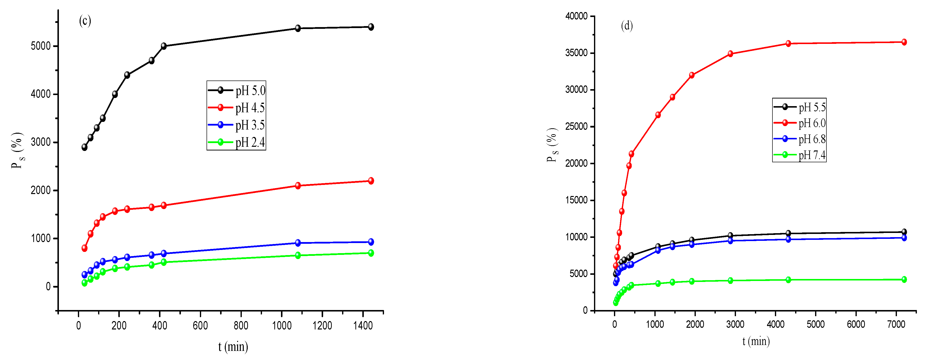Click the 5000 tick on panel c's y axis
41,46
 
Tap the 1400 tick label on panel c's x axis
363,326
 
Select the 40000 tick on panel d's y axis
576,16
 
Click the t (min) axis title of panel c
233,347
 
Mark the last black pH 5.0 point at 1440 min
371,27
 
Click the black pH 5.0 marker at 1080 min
298,28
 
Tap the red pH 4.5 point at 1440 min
371,181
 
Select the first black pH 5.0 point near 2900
85,147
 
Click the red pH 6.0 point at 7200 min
904,42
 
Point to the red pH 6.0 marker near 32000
692,75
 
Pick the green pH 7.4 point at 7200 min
904,279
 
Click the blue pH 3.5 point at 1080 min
298,243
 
